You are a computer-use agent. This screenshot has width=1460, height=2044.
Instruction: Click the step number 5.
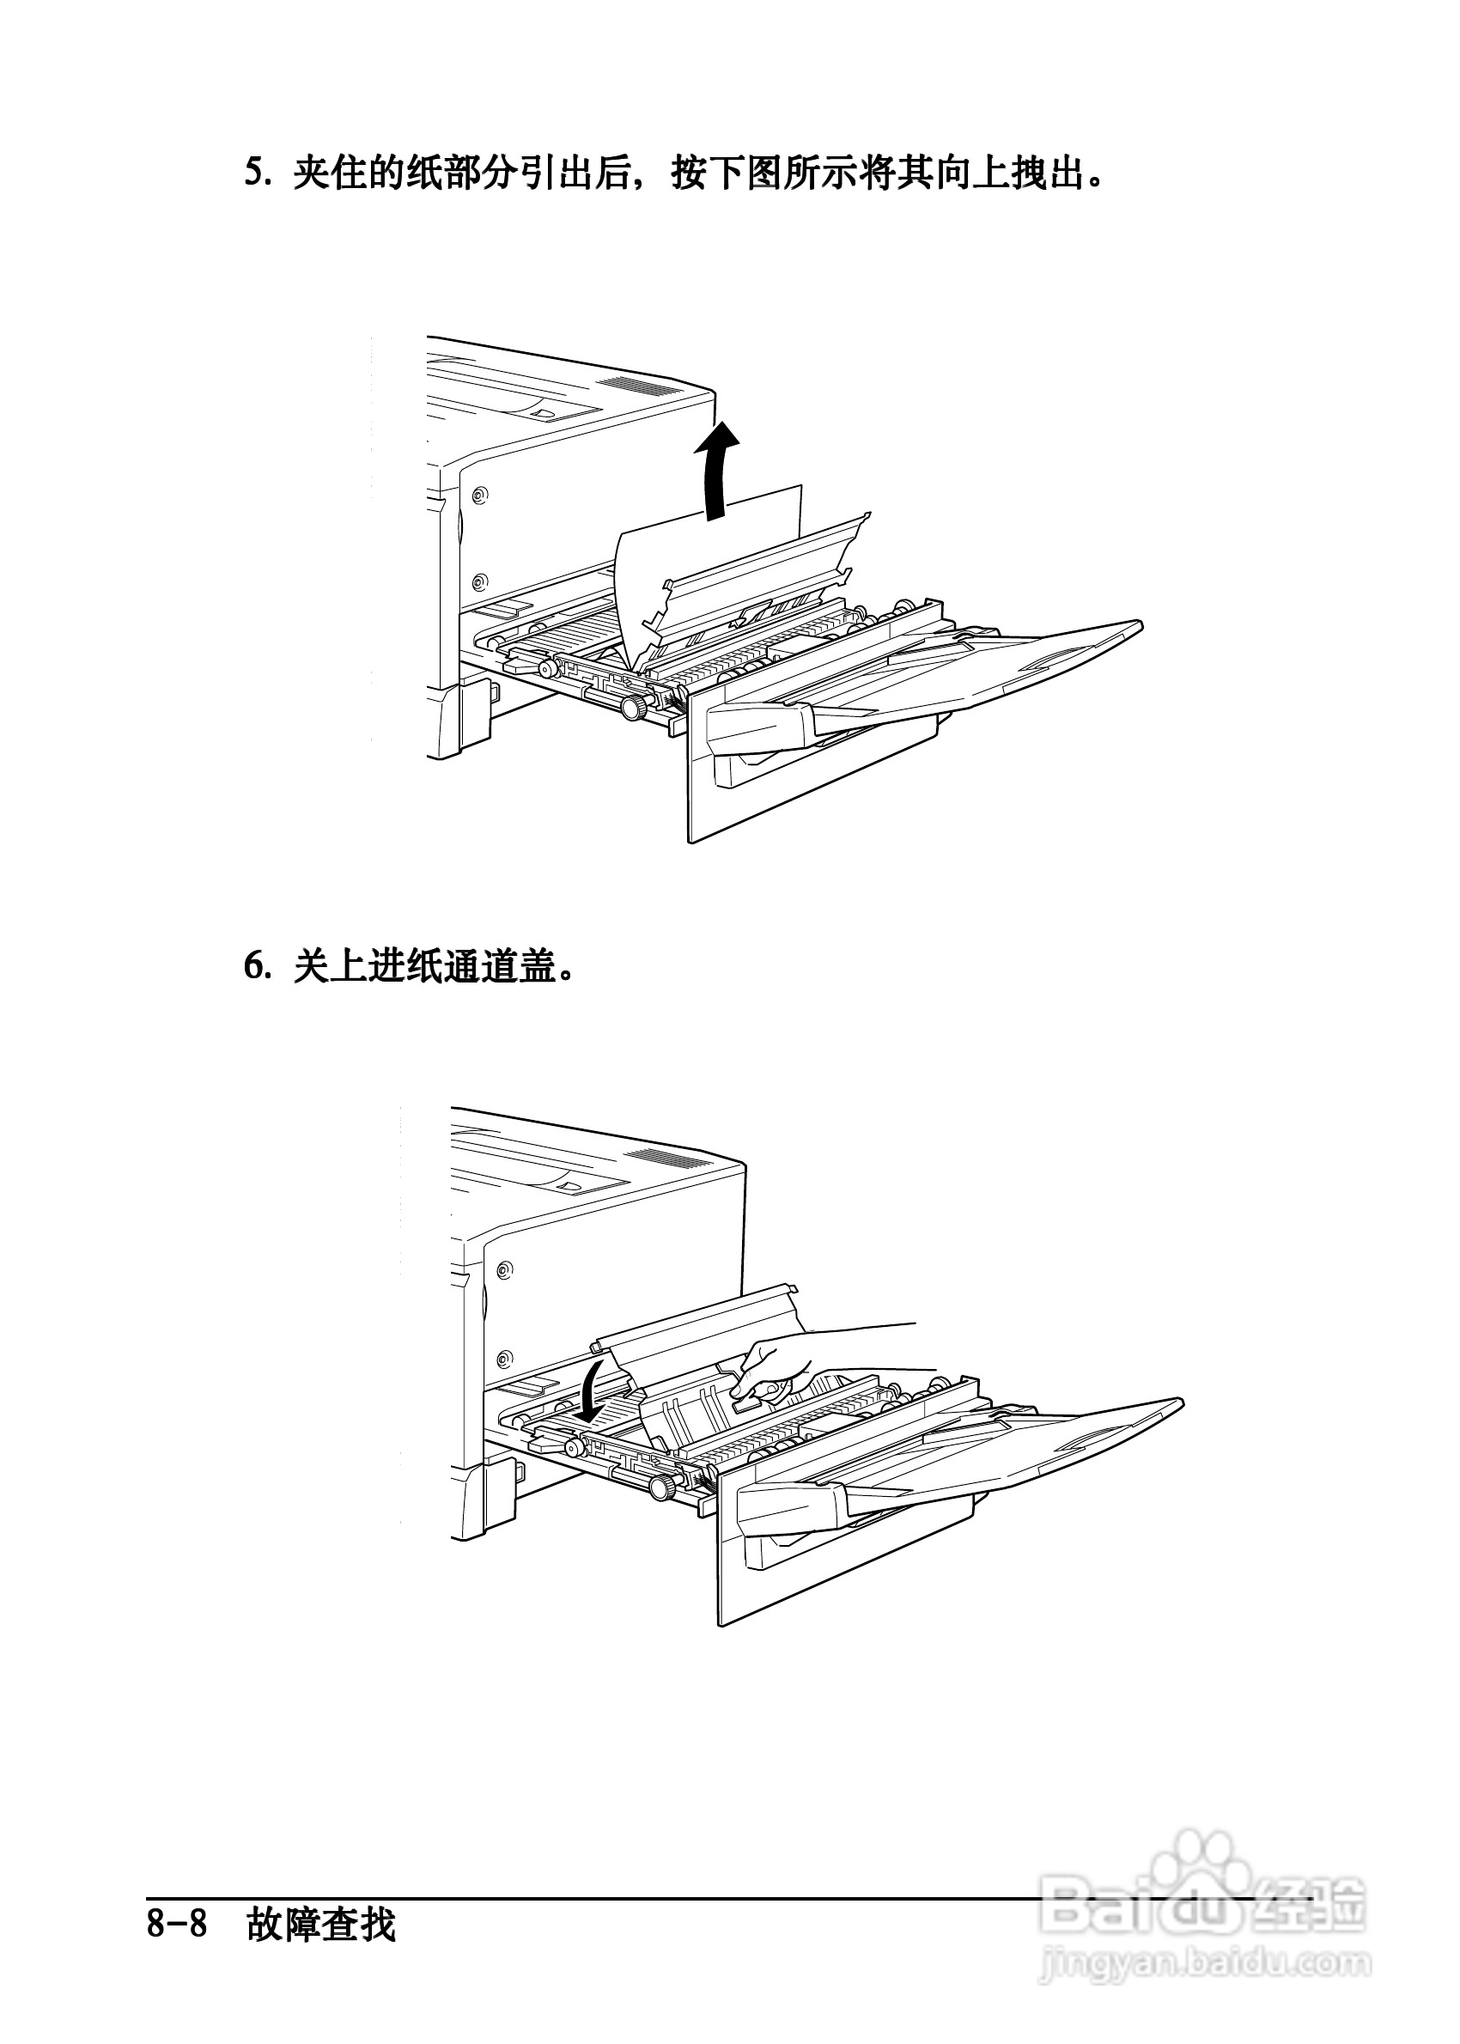(256, 173)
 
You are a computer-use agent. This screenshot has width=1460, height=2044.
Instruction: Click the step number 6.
(256, 967)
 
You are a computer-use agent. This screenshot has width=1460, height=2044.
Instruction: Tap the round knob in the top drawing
(634, 708)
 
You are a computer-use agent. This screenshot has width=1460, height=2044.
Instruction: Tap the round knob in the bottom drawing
(660, 1487)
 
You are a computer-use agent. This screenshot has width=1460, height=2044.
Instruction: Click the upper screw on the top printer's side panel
(479, 495)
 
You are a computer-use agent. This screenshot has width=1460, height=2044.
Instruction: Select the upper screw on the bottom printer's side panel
(505, 1270)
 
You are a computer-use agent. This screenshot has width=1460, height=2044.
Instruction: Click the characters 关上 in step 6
(331, 967)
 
